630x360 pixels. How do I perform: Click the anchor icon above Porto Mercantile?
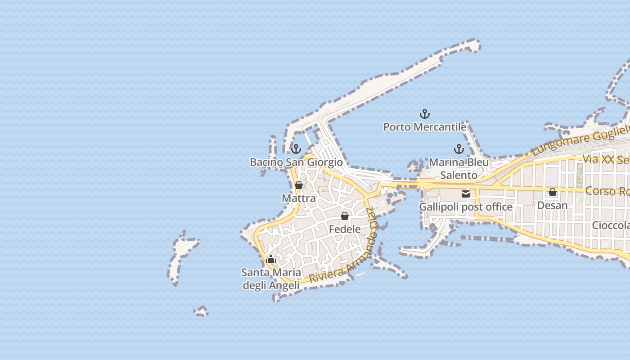tap(424, 114)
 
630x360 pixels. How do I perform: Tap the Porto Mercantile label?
tap(424, 127)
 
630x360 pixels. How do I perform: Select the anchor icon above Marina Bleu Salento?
tap(459, 149)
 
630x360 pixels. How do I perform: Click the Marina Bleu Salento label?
tap(459, 168)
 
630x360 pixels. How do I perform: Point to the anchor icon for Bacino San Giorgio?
tap(296, 149)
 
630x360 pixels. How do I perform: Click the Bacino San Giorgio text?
tap(296, 162)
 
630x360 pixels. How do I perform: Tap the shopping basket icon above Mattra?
tap(298, 185)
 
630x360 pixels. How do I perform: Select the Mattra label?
tap(298, 198)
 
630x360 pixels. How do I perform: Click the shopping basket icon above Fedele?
tap(345, 216)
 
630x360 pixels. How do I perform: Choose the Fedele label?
tap(345, 229)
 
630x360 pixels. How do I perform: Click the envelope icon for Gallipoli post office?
tap(466, 194)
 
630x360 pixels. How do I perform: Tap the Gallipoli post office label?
tap(466, 207)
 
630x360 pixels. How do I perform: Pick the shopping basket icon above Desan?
tap(553, 192)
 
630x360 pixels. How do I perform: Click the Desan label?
tap(553, 205)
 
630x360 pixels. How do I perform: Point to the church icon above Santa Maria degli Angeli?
tap(271, 259)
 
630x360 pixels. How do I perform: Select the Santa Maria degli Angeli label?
tap(271, 279)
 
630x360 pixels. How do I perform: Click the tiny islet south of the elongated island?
tap(201, 311)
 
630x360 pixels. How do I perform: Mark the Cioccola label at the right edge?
tap(611, 225)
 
